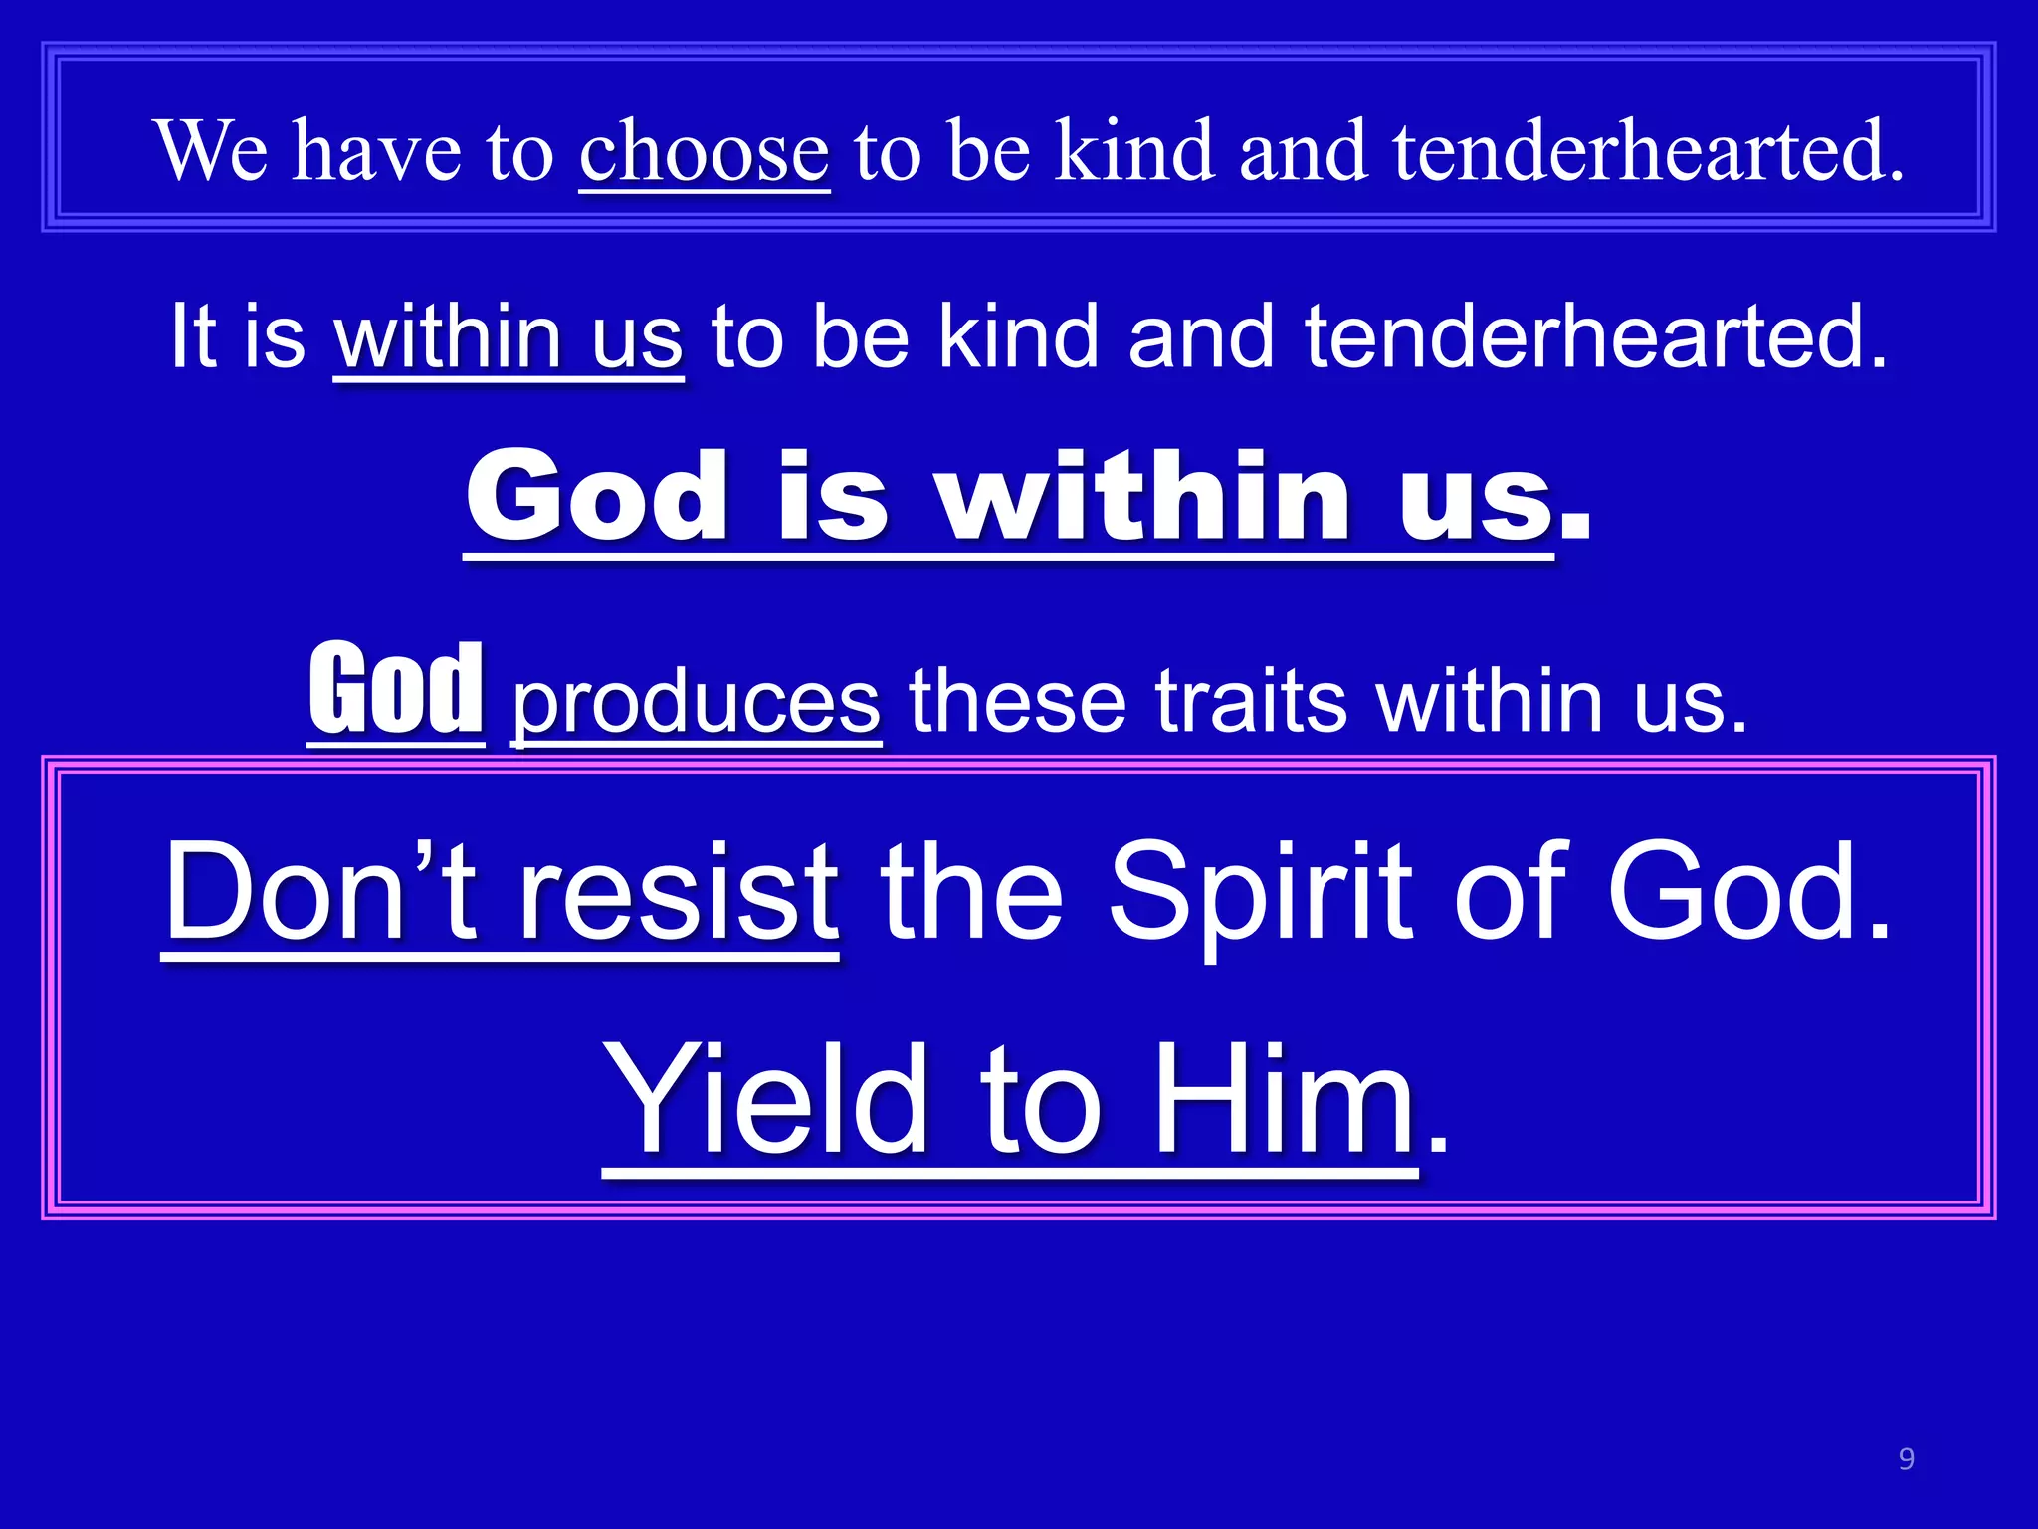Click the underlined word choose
[x=704, y=152]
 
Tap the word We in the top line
[x=211, y=150]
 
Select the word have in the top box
[x=376, y=152]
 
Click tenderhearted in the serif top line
[x=1648, y=150]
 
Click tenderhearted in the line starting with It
[x=1595, y=335]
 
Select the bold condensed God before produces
[x=396, y=688]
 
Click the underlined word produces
[x=696, y=702]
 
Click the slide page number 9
[x=1906, y=1459]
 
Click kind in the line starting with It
[x=1018, y=335]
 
